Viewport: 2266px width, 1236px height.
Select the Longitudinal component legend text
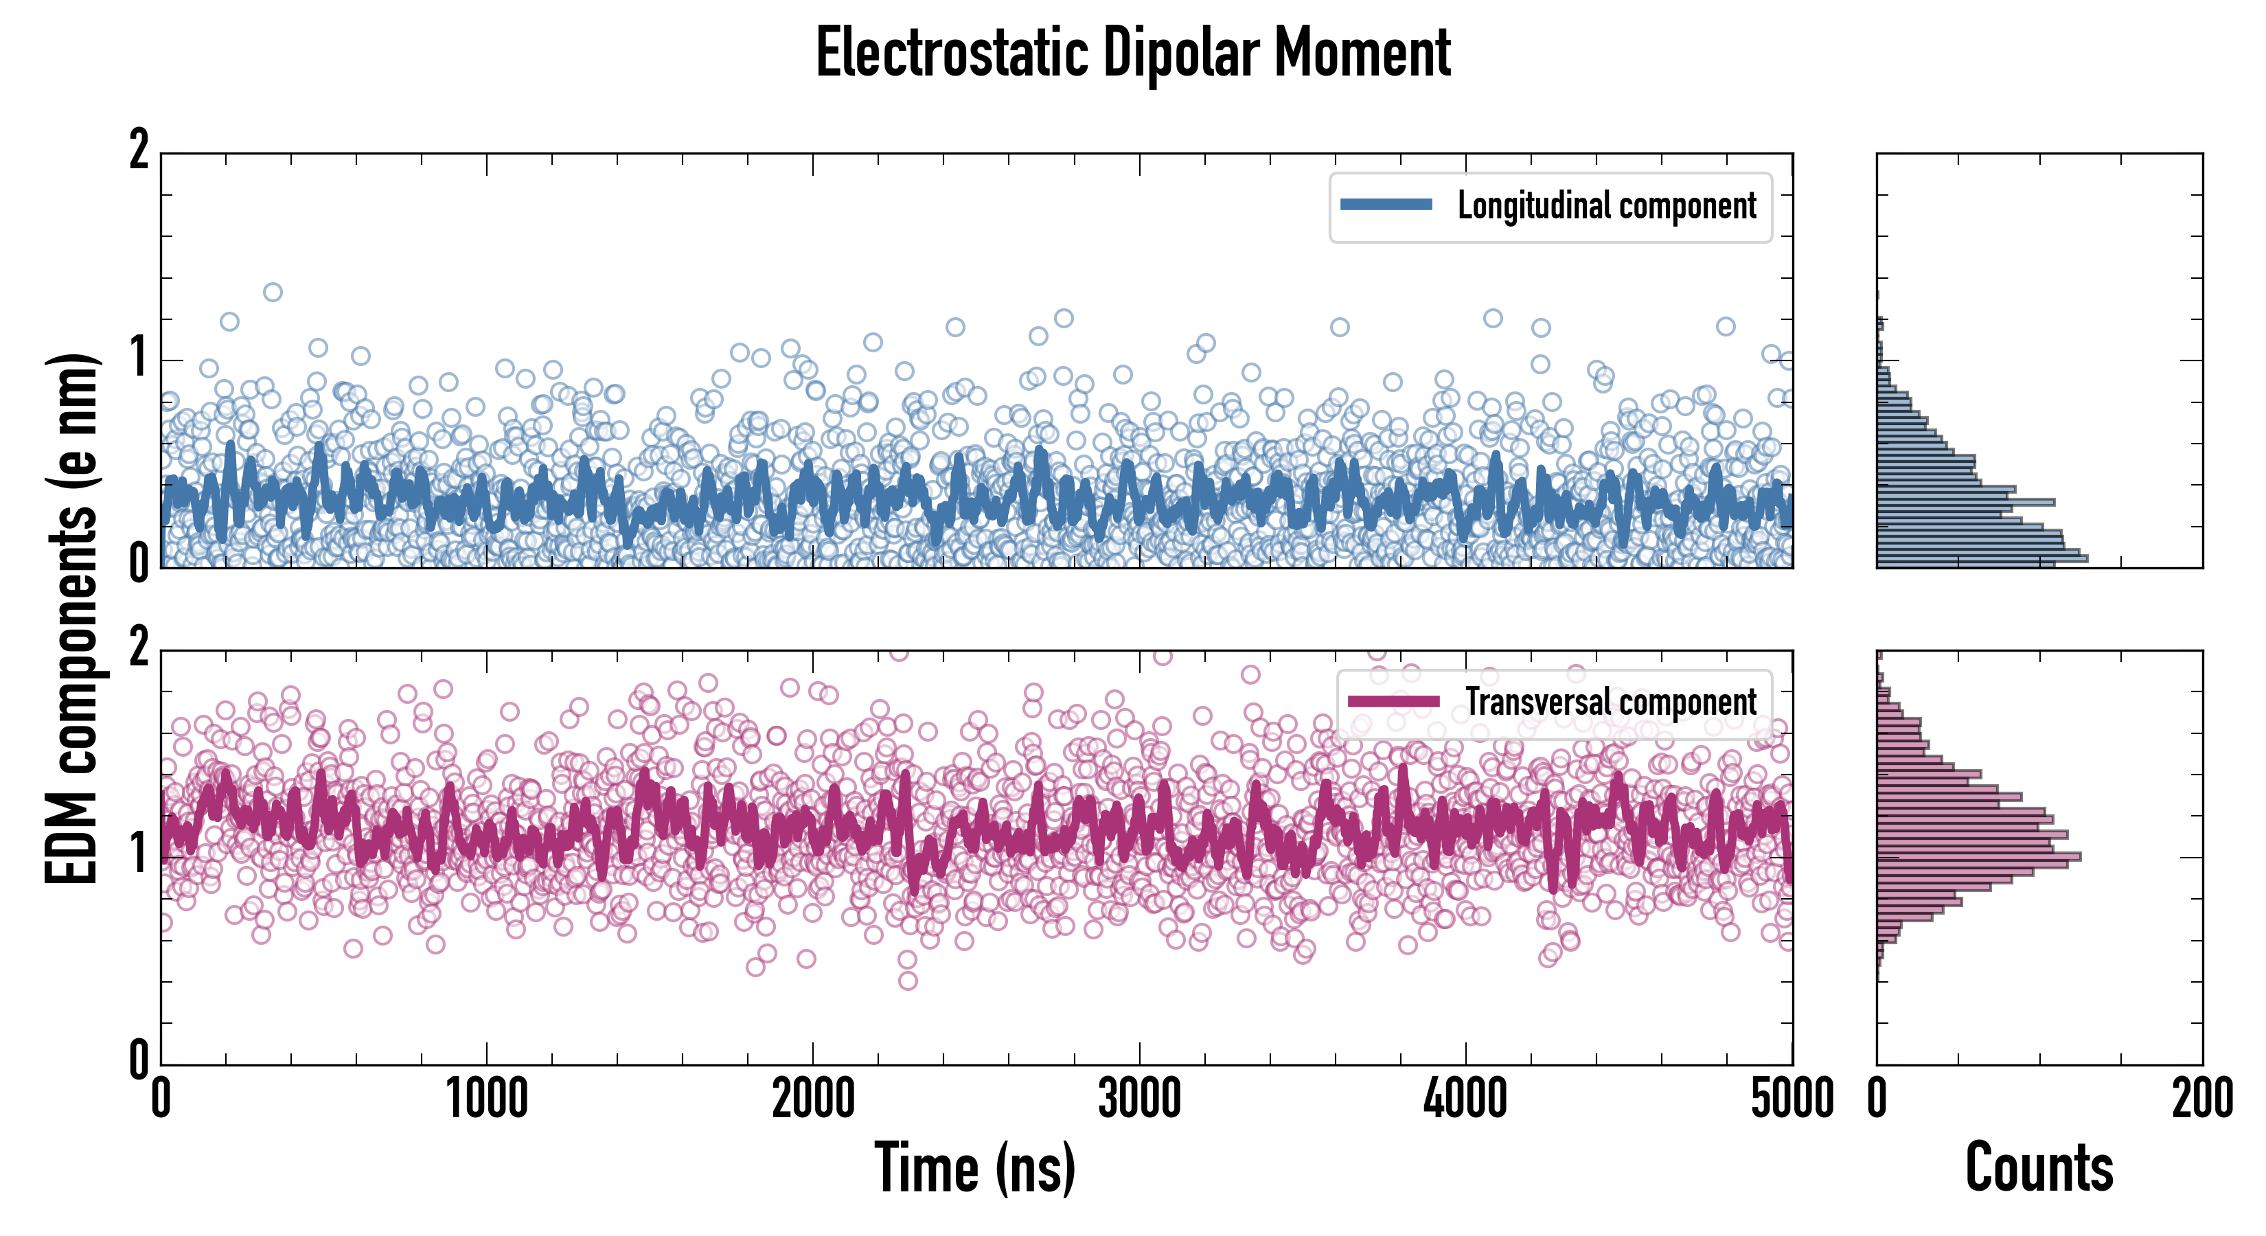pyautogui.click(x=1606, y=206)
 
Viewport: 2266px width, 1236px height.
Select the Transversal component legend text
pyautogui.click(x=1611, y=702)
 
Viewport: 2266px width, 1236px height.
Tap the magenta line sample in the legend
pyautogui.click(x=1393, y=701)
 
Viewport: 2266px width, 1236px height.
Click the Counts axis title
pyautogui.click(x=2039, y=1168)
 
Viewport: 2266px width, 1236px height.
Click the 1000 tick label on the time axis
pyautogui.click(x=486, y=1099)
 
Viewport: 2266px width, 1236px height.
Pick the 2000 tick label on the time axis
pyautogui.click(x=813, y=1099)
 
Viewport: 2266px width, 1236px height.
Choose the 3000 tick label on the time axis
pyautogui.click(x=1139, y=1099)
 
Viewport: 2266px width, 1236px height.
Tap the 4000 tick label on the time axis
pyautogui.click(x=1465, y=1099)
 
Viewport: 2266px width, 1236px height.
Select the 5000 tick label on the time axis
pyautogui.click(x=1792, y=1099)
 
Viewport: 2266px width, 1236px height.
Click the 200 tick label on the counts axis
pyautogui.click(x=2201, y=1099)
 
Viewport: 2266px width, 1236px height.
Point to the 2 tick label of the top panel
pyautogui.click(x=139, y=150)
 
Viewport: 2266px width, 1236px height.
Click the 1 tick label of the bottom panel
pyautogui.click(x=139, y=854)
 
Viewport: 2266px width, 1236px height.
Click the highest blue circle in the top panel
pyautogui.click(x=273, y=292)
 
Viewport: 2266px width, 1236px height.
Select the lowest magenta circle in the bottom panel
pyautogui.click(x=908, y=980)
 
